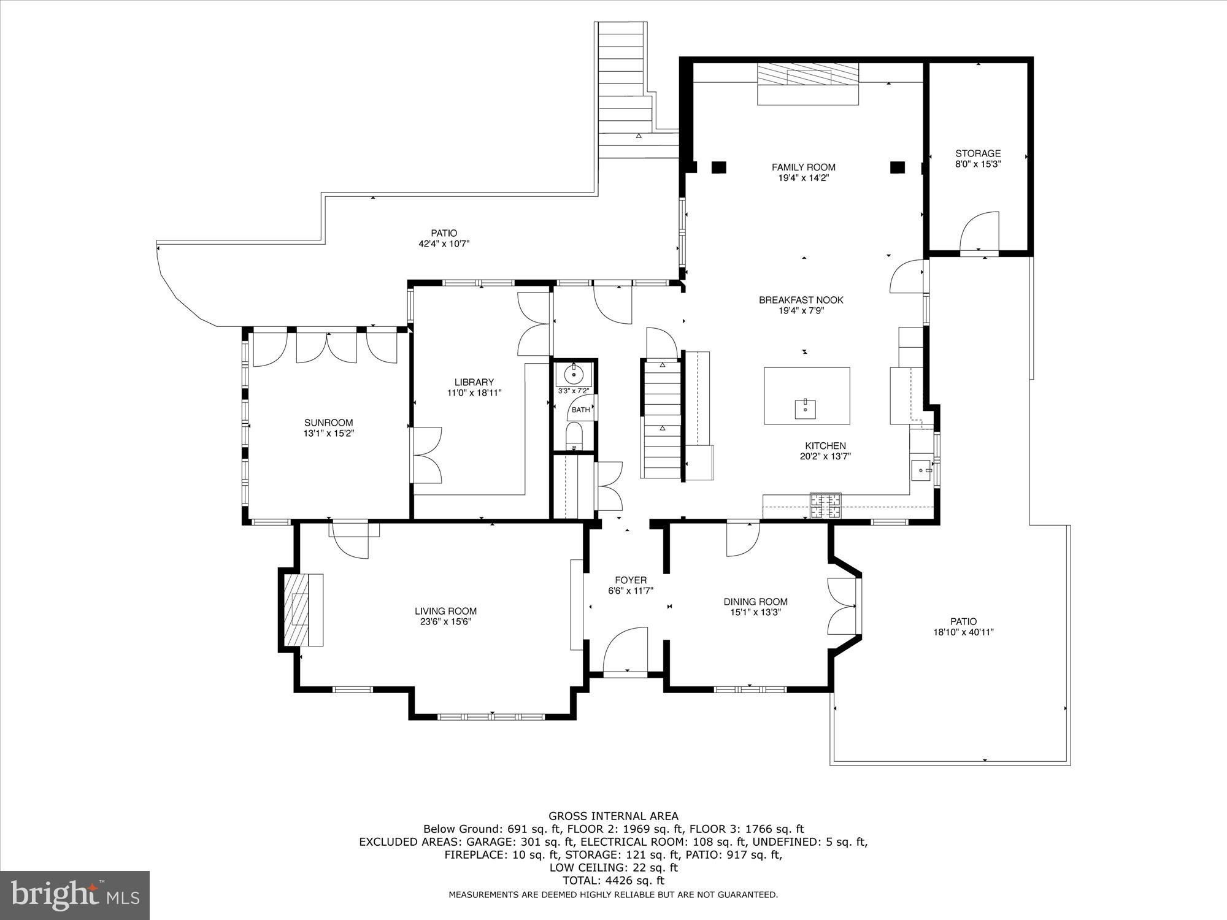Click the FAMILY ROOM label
tap(803, 167)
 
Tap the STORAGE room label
tap(977, 153)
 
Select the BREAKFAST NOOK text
tap(801, 300)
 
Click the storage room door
tap(979, 233)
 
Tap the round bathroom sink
tap(574, 373)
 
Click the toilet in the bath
tap(575, 435)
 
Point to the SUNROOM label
tap(329, 423)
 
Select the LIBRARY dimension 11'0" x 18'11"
tap(474, 393)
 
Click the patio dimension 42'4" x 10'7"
tap(444, 243)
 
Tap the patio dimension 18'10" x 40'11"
tap(963, 632)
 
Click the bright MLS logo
tap(74, 895)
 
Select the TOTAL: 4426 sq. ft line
tap(613, 881)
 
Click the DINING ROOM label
tap(755, 602)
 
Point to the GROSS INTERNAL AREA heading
tap(613, 816)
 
